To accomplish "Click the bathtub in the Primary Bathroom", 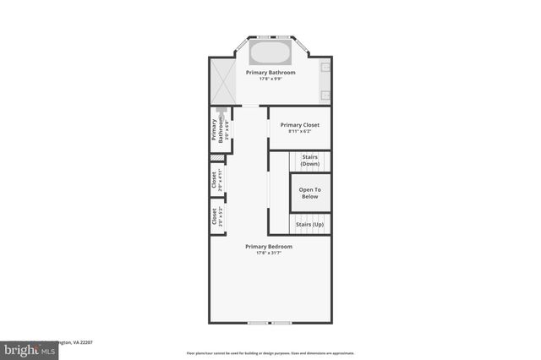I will (x=270, y=54).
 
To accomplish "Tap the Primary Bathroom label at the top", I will (x=270, y=73).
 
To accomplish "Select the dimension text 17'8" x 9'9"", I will (x=270, y=79).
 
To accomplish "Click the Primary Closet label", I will (x=300, y=124).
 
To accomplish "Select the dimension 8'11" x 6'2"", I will (x=300, y=131).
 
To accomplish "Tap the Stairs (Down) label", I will (x=309, y=160).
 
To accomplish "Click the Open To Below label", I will (x=309, y=193).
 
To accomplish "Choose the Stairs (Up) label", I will (x=309, y=224).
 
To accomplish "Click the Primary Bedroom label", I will (x=269, y=246).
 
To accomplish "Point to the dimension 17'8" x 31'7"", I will (x=269, y=253).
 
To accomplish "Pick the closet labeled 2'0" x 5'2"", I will (x=216, y=216).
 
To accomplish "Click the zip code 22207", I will (x=83, y=342).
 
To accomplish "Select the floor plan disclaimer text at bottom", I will (x=270, y=353).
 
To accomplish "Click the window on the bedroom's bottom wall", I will (x=270, y=323).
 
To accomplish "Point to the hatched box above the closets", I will (x=217, y=158).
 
